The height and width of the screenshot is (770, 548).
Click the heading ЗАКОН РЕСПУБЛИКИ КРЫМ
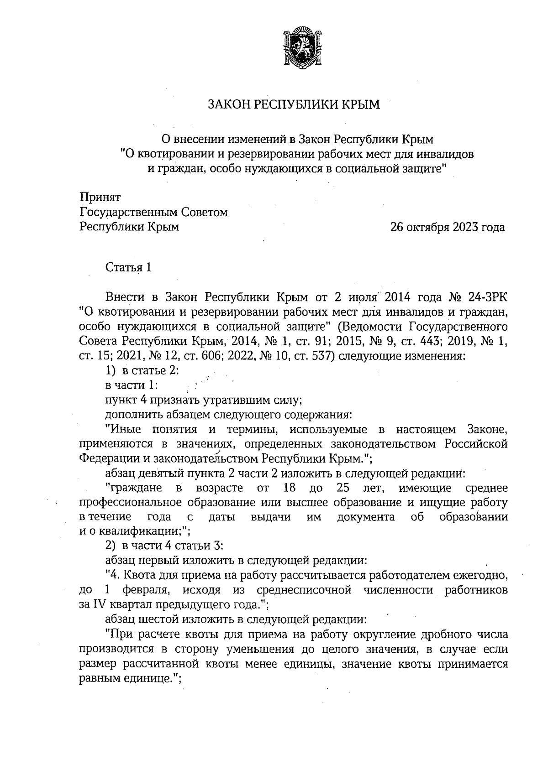[x=294, y=105]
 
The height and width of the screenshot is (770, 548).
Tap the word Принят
[x=100, y=198]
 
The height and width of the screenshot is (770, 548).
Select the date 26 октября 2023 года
[x=448, y=227]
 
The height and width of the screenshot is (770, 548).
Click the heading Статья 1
[x=128, y=267]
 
